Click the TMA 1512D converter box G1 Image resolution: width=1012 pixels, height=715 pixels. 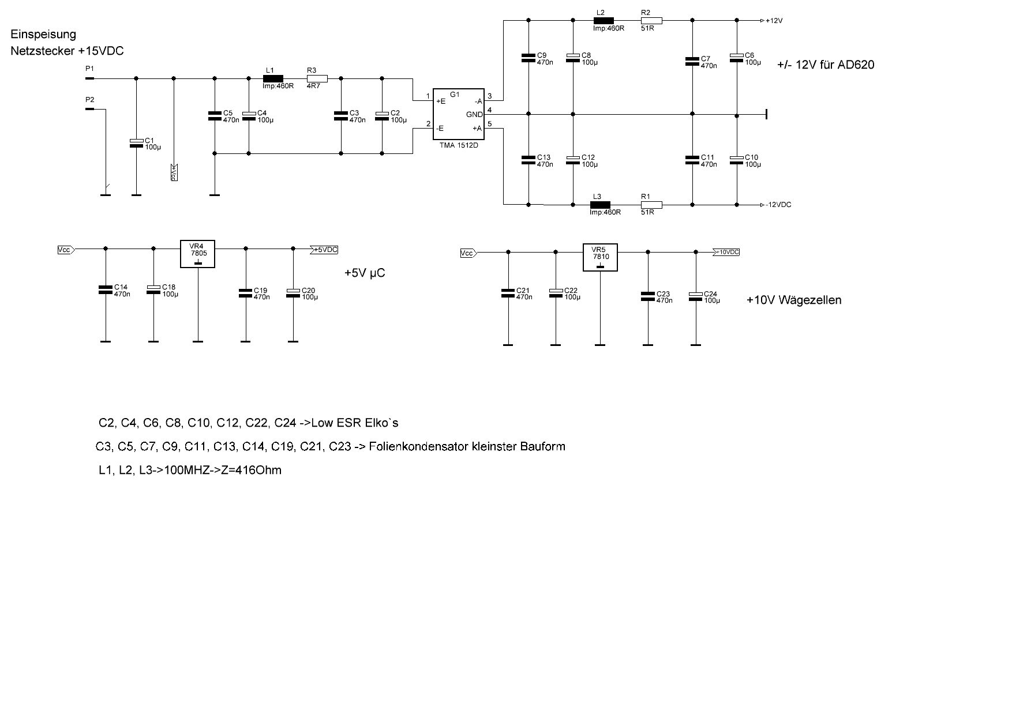pyautogui.click(x=459, y=114)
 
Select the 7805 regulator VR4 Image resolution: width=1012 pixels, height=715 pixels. pyautogui.click(x=197, y=254)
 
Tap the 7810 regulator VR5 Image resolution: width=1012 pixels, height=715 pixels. pyautogui.click(x=600, y=257)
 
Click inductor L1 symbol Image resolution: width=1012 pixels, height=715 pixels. pyautogui.click(x=273, y=78)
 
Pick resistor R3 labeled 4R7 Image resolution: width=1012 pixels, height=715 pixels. pyautogui.click(x=317, y=78)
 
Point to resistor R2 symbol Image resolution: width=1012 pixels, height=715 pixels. pyautogui.click(x=651, y=21)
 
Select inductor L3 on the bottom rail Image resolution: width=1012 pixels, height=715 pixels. pyautogui.click(x=600, y=204)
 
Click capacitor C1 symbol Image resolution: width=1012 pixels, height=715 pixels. pyautogui.click(x=136, y=143)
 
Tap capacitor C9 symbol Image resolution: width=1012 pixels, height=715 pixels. pyautogui.click(x=529, y=58)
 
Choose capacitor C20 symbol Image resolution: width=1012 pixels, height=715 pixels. pyautogui.click(x=293, y=293)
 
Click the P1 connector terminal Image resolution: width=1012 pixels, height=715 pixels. pyautogui.click(x=89, y=78)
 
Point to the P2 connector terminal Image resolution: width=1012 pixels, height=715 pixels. pyautogui.click(x=89, y=108)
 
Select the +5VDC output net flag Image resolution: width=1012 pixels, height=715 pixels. pyautogui.click(x=324, y=250)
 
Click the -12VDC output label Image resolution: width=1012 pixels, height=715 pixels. pyautogui.click(x=778, y=205)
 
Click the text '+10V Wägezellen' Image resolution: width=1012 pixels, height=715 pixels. pyautogui.click(x=793, y=300)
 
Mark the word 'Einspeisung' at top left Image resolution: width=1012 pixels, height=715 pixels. pyautogui.click(x=43, y=35)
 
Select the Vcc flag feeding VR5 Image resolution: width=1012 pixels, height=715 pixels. pyautogui.click(x=468, y=253)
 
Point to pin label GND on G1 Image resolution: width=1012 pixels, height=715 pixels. pyautogui.click(x=474, y=115)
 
